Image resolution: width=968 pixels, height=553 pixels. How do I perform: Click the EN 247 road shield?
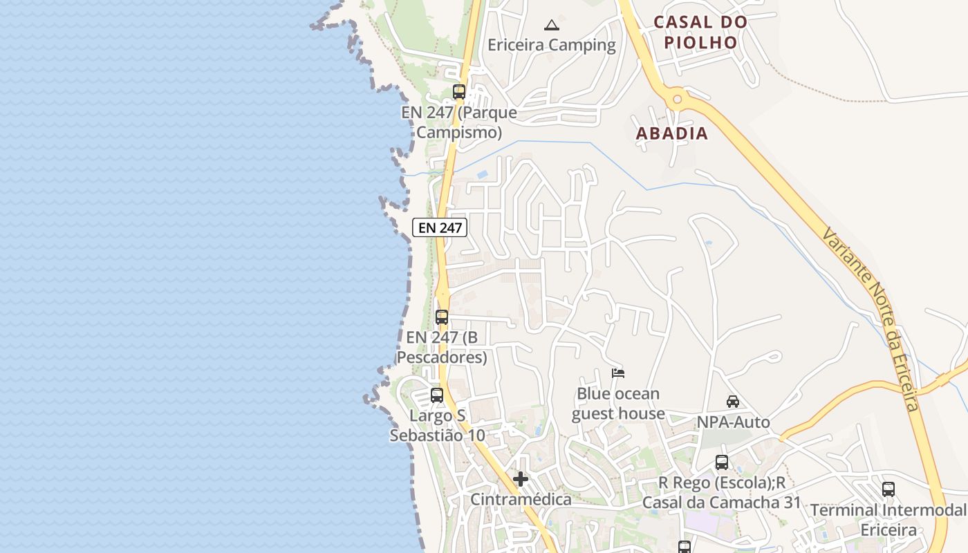pos(440,227)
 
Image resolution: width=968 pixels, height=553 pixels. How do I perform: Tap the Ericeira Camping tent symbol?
pos(551,26)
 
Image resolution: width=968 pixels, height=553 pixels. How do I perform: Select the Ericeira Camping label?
pos(551,46)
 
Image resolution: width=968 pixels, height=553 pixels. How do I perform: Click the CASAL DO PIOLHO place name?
pos(700,32)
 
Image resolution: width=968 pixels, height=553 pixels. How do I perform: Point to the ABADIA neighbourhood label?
pos(672,133)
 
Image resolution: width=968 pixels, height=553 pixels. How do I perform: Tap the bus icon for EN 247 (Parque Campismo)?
pos(459,91)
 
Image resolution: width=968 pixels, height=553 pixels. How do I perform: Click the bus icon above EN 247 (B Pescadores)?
pos(442,317)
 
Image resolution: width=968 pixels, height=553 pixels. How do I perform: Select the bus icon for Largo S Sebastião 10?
pos(437,395)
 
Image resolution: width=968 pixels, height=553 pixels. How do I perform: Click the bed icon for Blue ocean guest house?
pos(618,373)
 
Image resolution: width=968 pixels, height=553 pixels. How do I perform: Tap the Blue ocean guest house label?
pos(618,404)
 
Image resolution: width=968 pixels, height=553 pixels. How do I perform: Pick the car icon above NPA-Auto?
pos(733,401)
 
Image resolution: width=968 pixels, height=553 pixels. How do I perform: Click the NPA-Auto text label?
pos(733,422)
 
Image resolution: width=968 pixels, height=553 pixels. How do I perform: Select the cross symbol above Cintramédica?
pos(521,479)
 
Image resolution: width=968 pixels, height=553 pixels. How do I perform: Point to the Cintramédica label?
pos(521,499)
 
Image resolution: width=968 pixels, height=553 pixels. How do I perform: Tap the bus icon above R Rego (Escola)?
pos(722,462)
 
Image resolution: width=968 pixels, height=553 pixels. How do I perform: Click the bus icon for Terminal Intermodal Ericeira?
pos(888,489)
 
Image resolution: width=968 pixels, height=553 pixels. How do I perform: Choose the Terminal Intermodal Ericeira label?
pos(888,520)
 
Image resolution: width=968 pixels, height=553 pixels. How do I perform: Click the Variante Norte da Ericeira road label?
pos(872,318)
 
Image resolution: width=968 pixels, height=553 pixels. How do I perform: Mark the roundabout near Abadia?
pos(677,100)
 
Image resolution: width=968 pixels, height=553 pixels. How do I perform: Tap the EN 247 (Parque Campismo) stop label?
pos(459,122)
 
